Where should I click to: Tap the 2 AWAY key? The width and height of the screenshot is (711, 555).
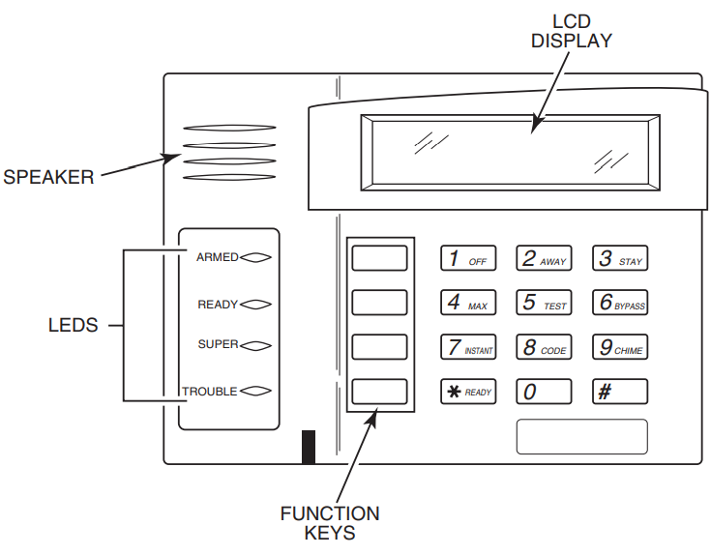point(543,259)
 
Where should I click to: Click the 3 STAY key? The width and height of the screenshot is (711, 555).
point(619,259)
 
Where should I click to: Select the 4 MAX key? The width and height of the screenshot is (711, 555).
point(468,303)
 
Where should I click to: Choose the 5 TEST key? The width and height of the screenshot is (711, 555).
point(543,303)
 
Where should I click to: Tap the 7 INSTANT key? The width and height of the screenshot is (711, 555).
point(468,347)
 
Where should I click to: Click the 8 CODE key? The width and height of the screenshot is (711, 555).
point(543,347)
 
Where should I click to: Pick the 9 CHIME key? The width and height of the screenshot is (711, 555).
point(619,347)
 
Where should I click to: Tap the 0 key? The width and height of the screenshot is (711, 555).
point(543,392)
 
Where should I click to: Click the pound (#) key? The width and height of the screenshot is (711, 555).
point(619,392)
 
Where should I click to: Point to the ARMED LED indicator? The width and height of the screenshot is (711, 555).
point(255,258)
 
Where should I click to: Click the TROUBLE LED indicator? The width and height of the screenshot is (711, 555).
point(255,392)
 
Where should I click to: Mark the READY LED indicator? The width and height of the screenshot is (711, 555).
point(255,305)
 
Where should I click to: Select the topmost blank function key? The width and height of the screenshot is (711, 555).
point(379,258)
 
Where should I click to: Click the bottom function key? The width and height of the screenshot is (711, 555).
point(379,391)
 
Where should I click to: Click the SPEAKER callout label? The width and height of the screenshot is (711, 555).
point(48,177)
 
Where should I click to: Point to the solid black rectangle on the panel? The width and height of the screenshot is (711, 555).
point(309,446)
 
